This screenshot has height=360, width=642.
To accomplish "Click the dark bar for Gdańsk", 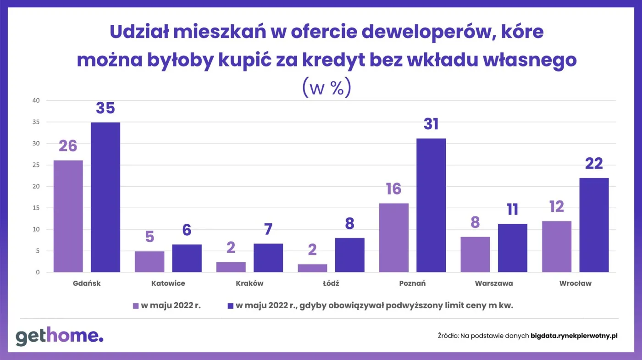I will pyautogui.click(x=105, y=197).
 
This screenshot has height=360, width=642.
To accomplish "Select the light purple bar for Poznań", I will pyautogui.click(x=393, y=238).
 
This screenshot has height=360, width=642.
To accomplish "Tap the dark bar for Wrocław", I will pyautogui.click(x=594, y=225).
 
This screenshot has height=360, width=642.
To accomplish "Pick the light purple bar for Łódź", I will pyautogui.click(x=312, y=268).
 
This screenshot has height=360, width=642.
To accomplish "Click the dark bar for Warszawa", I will pyautogui.click(x=512, y=248).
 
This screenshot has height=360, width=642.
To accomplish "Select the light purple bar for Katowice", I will pyautogui.click(x=149, y=261).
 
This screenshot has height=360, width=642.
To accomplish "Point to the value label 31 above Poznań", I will pyautogui.click(x=431, y=124).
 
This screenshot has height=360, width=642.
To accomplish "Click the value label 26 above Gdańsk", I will pyautogui.click(x=68, y=146).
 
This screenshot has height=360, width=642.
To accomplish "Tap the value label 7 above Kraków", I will pyautogui.click(x=268, y=229).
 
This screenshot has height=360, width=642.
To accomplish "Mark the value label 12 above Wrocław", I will pyautogui.click(x=556, y=207).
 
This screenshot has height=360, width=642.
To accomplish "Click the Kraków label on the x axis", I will pyautogui.click(x=249, y=283).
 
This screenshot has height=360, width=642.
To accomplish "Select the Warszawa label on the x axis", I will pyautogui.click(x=494, y=283).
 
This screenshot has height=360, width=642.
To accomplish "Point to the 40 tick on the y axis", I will pyautogui.click(x=36, y=100).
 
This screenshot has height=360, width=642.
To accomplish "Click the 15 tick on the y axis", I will pyautogui.click(x=36, y=208).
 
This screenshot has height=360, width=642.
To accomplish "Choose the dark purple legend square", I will pyautogui.click(x=230, y=306).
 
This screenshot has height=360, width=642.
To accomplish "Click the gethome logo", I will pyautogui.click(x=60, y=336).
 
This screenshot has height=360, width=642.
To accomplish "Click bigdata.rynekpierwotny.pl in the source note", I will pyautogui.click(x=574, y=336).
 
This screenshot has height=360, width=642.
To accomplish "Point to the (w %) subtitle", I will pyautogui.click(x=327, y=88).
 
